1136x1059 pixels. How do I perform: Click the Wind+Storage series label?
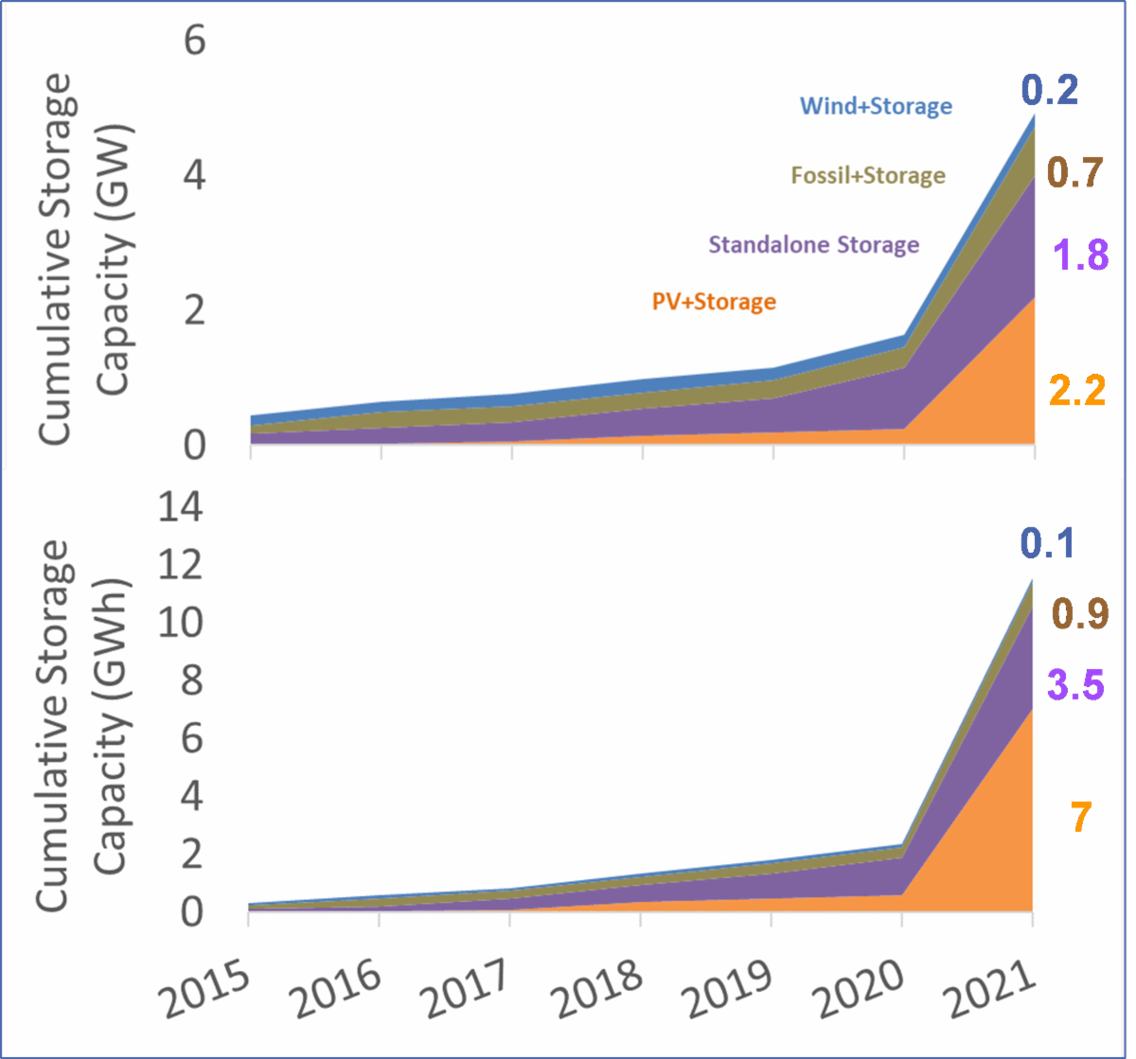tap(876, 105)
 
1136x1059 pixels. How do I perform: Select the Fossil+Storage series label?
tap(868, 175)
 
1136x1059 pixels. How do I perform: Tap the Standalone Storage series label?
tap(814, 245)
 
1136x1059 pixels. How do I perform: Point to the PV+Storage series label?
tap(714, 302)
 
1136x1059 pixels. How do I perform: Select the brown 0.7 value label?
tap(1076, 172)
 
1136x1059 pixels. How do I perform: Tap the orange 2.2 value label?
tap(1076, 391)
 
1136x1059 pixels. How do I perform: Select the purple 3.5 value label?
tap(1075, 684)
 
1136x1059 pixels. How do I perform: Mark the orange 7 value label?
tap(1081, 818)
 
